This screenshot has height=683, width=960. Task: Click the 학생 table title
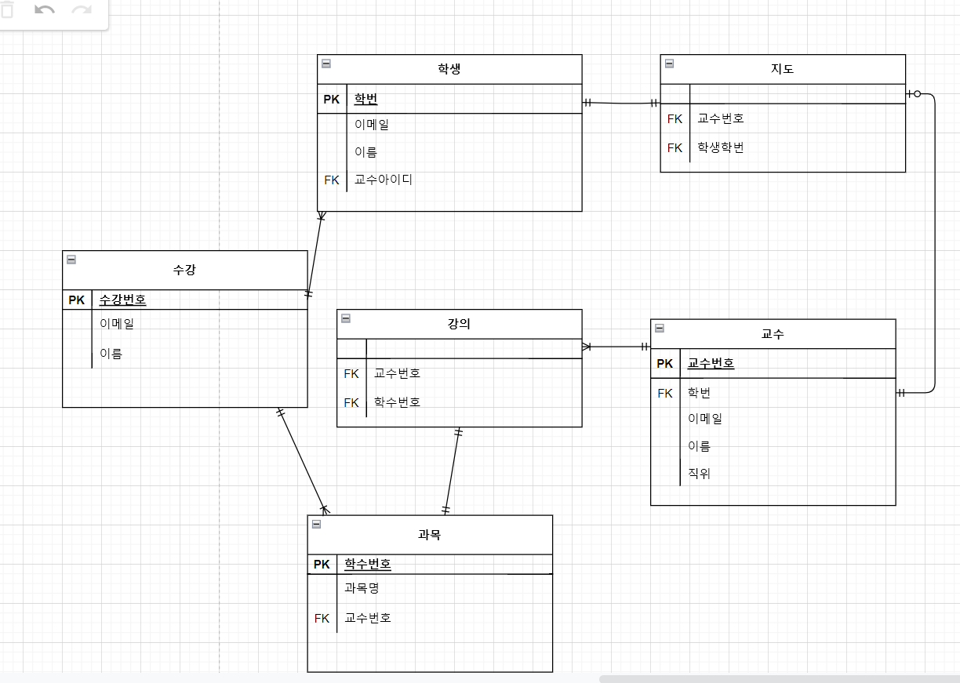pyautogui.click(x=449, y=69)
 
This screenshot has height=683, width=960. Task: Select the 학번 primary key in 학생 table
pyautogui.click(x=365, y=99)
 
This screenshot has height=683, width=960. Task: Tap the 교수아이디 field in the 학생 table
pyautogui.click(x=383, y=180)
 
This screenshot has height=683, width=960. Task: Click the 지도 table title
pyautogui.click(x=782, y=69)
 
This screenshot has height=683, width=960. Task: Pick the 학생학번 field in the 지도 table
pyautogui.click(x=720, y=147)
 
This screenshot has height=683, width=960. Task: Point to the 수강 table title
pyautogui.click(x=184, y=270)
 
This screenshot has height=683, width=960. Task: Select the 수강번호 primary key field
pyautogui.click(x=122, y=300)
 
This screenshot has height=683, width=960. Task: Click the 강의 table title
pyautogui.click(x=459, y=324)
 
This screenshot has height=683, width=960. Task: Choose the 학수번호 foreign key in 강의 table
pyautogui.click(x=397, y=402)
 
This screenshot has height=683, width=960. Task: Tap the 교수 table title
pyautogui.click(x=773, y=334)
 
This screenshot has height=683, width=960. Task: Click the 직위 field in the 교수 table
pyautogui.click(x=699, y=474)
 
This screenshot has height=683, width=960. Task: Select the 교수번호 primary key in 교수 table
pyautogui.click(x=711, y=363)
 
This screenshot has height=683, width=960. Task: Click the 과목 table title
pyautogui.click(x=429, y=535)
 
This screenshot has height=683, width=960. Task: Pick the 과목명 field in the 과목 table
pyautogui.click(x=362, y=587)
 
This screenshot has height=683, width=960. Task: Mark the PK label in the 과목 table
pyautogui.click(x=322, y=564)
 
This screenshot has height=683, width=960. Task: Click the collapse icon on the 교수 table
pyautogui.click(x=659, y=328)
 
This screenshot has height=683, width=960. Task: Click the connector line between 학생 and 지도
pyautogui.click(x=621, y=103)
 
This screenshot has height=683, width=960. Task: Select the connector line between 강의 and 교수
pyautogui.click(x=616, y=346)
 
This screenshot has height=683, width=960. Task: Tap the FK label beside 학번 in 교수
pyautogui.click(x=664, y=393)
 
